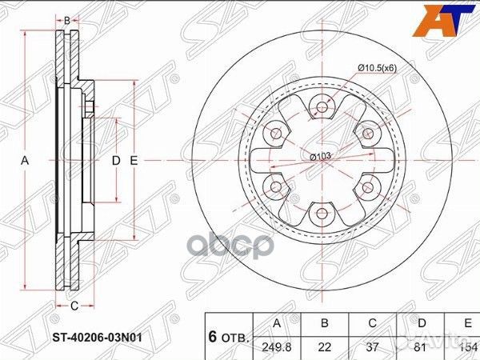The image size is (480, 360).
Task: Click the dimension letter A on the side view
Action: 26,161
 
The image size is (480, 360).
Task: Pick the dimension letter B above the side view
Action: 67,20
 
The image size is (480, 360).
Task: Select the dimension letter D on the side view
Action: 116,161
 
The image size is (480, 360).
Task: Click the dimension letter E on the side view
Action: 134,161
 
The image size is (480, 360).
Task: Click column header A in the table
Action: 276,322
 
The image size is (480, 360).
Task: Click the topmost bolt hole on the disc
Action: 322,106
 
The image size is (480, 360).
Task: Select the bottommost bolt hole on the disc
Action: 322,213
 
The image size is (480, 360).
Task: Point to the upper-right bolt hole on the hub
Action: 367,133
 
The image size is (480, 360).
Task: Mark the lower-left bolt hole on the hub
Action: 276,186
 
